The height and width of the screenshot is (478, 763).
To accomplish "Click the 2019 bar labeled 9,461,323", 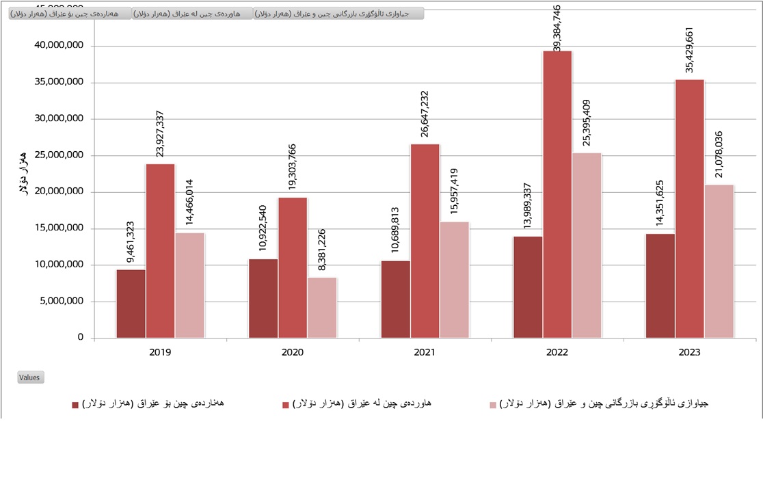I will pyautogui.click(x=131, y=303).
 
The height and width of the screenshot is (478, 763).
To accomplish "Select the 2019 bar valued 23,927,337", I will pyautogui.click(x=160, y=250).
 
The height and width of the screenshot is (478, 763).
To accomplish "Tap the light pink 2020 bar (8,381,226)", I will pyautogui.click(x=322, y=307).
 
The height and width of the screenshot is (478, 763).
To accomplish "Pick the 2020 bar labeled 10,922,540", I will pyautogui.click(x=263, y=298).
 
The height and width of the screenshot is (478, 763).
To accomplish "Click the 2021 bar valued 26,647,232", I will pyautogui.click(x=425, y=241).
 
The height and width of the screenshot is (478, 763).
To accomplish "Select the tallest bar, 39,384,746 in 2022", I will pyautogui.click(x=557, y=194).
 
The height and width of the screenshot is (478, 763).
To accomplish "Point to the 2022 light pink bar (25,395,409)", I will pyautogui.click(x=587, y=245).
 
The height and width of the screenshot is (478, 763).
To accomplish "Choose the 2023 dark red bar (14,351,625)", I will pyautogui.click(x=660, y=285).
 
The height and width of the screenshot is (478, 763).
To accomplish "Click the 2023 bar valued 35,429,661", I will pyautogui.click(x=689, y=209).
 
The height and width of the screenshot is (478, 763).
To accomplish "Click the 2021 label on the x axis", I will pyautogui.click(x=425, y=352).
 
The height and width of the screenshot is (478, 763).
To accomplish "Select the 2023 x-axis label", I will pyautogui.click(x=689, y=352).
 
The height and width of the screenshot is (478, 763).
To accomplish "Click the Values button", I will pyautogui.click(x=30, y=377).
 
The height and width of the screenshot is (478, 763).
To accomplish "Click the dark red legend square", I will pyautogui.click(x=75, y=405).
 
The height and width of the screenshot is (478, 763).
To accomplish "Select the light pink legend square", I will pyautogui.click(x=492, y=405).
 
